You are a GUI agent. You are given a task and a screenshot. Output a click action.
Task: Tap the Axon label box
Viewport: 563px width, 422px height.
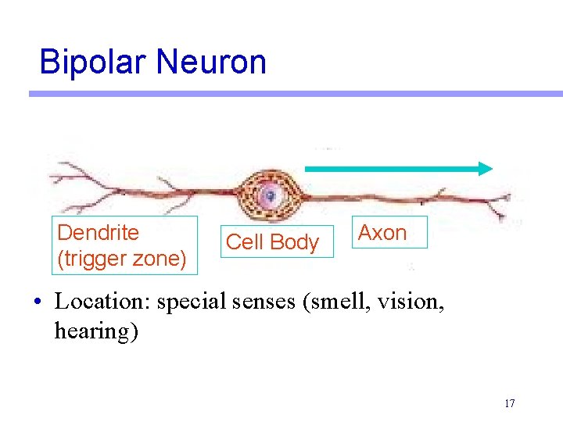(x=382, y=232)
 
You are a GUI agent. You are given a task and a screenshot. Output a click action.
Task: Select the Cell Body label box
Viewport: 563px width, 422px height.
(x=272, y=242)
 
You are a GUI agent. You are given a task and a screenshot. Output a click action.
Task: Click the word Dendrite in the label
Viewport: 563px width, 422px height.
(x=99, y=233)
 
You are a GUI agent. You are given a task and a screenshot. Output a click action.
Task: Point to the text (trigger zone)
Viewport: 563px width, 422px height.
(x=122, y=259)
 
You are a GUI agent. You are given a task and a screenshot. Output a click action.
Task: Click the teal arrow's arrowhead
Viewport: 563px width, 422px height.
(x=486, y=168)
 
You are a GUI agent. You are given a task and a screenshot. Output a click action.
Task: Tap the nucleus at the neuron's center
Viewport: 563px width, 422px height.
(x=269, y=195)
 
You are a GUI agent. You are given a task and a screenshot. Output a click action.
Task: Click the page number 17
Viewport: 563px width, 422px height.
(x=510, y=404)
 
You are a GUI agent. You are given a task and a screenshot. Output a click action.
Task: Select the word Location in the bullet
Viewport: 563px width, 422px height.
(x=102, y=302)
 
